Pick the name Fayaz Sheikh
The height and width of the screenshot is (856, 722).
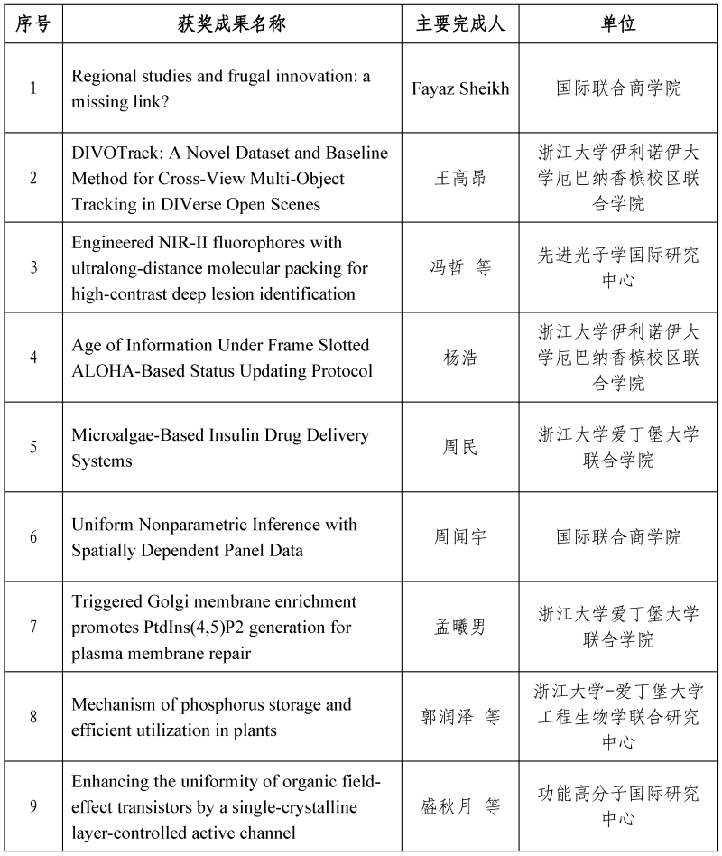pos(460,88)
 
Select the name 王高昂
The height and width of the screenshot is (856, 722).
pos(460,178)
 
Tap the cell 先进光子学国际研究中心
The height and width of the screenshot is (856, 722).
pos(618,267)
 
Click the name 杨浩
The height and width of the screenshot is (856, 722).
pos(460,358)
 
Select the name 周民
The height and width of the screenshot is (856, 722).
pos(460,448)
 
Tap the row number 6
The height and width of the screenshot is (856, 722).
pos(33,537)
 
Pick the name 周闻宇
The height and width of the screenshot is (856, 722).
pos(460,537)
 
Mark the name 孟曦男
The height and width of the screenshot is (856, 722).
pos(460,627)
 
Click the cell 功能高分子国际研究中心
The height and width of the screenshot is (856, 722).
pos(618,806)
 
